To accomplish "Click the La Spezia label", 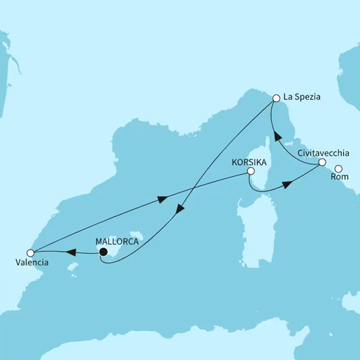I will [302, 99].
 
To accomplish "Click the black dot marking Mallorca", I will [102, 252].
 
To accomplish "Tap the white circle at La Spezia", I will [276, 99].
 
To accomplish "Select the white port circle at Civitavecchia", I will [322, 162].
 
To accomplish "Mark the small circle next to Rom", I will [338, 168].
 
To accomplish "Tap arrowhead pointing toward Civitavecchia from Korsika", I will [286, 186].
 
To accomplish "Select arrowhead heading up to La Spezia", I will [275, 134].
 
